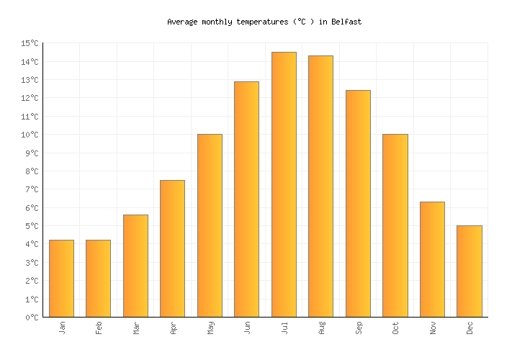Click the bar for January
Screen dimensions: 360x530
coord(61,279)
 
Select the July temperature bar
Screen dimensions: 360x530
coord(284,184)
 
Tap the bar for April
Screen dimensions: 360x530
coord(172,248)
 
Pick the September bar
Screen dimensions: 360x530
coord(358,204)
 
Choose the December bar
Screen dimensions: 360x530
coord(469,271)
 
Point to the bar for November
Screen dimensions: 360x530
coord(432,259)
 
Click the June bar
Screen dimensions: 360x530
coord(246,199)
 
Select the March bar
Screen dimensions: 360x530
coord(135,266)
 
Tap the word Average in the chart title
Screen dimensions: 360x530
coord(182,22)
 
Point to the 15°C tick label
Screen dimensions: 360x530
coord(30,43)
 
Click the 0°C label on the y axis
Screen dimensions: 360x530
coord(30,318)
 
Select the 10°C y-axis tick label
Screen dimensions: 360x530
coord(30,135)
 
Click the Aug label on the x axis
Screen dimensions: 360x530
coord(322,328)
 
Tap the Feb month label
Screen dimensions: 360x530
coord(99,328)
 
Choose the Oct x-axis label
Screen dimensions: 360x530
coord(396,328)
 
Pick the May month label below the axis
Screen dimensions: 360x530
coord(210,328)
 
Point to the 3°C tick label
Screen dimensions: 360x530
coord(30,263)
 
